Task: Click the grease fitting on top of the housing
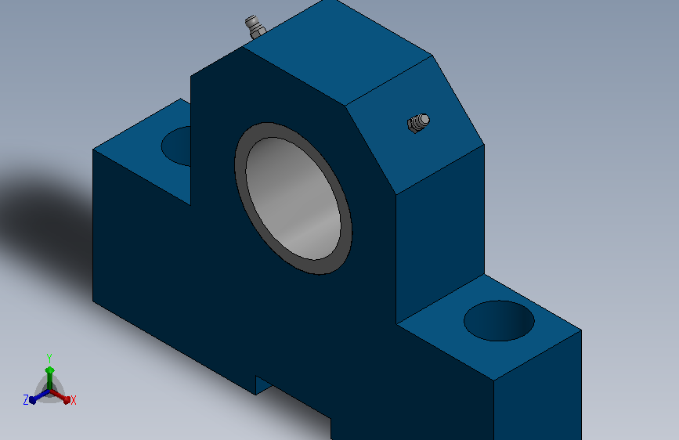255,27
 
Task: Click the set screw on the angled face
418,123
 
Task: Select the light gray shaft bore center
293,198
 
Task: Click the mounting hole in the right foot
499,320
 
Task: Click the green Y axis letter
49,359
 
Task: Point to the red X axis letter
73,401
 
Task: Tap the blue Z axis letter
26,400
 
